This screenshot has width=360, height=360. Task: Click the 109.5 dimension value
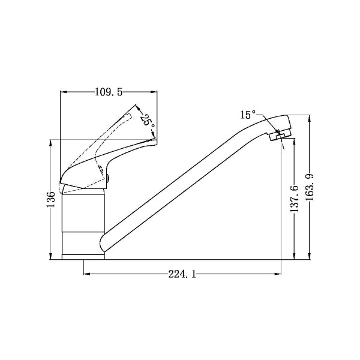109,92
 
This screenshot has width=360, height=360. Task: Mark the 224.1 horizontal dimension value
182,274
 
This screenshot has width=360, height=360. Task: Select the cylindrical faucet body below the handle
84,222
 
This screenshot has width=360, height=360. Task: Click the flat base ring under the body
84,257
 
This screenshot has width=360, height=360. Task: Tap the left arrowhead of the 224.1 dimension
85,274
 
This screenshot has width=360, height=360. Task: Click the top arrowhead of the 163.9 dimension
310,118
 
